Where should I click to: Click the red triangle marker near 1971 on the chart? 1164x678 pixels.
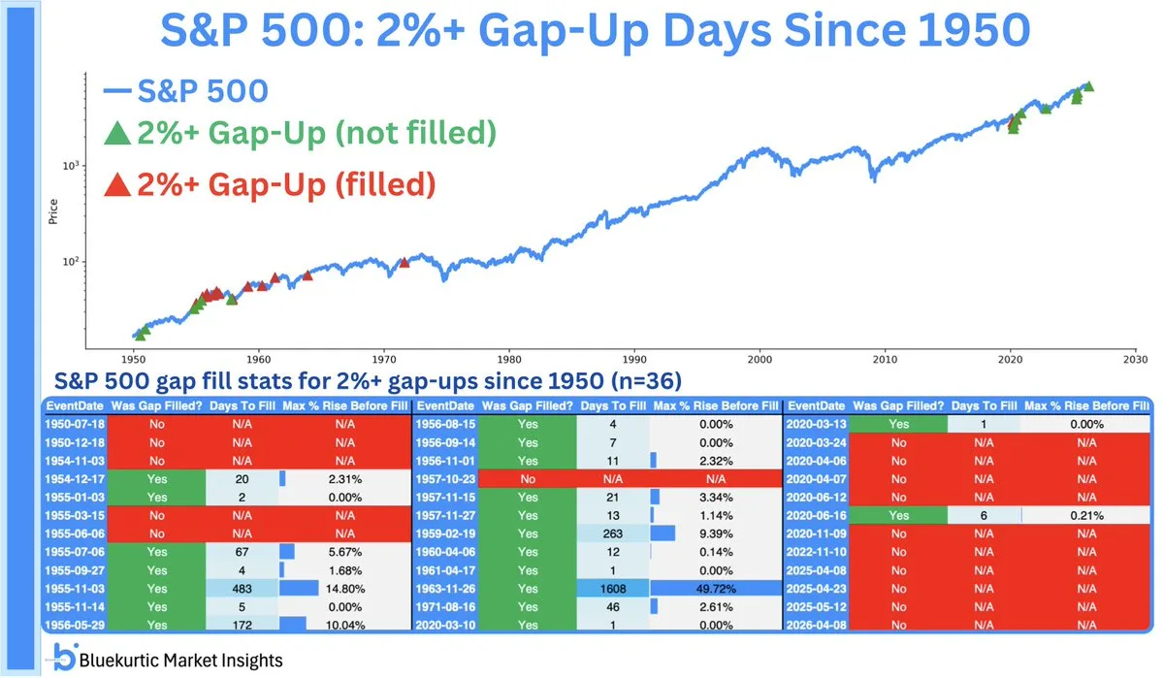404,262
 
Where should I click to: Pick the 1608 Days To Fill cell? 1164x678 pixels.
613,587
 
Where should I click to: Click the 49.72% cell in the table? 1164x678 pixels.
716,587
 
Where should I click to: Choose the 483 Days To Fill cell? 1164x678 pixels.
242,587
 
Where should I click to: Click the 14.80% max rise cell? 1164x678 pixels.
345,587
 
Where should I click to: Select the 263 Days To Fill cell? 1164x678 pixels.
613,532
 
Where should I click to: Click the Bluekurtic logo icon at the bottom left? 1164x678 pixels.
64,658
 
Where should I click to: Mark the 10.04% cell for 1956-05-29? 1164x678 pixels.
345,625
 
